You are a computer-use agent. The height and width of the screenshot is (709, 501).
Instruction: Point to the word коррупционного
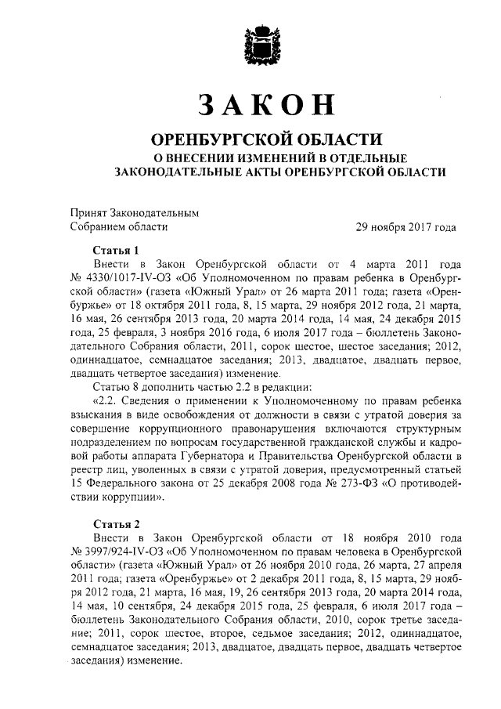coord(200,429)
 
